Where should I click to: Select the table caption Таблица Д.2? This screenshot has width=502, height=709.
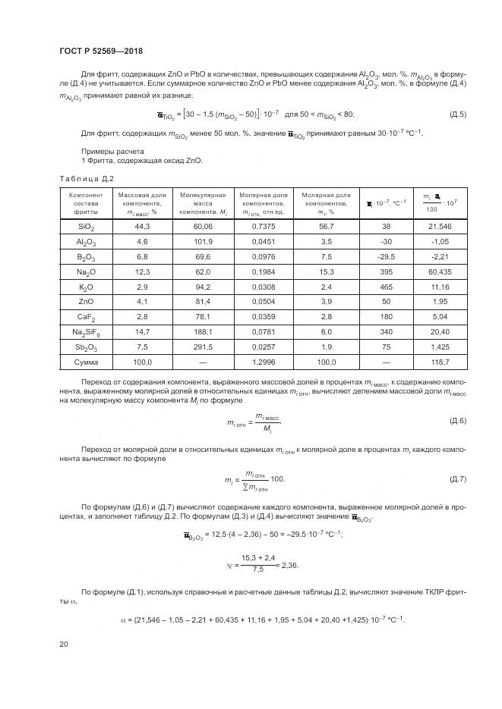click(x=86, y=178)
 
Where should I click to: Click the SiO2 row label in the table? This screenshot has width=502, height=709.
click(x=86, y=226)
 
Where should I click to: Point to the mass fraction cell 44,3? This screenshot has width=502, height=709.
click(x=141, y=226)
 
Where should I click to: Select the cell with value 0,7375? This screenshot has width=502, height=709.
click(x=263, y=226)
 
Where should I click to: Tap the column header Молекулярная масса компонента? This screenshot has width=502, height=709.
click(x=202, y=202)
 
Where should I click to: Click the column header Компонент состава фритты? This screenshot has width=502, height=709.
click(x=86, y=202)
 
